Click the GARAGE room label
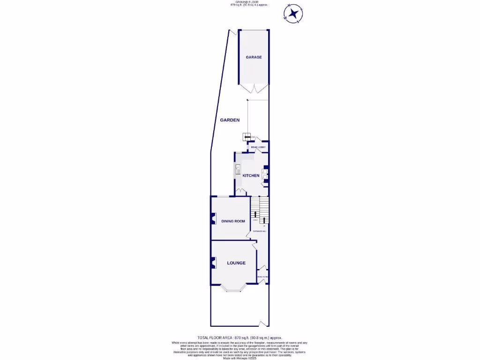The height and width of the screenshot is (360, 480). click(x=254, y=57)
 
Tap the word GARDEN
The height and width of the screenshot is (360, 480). click(x=230, y=120)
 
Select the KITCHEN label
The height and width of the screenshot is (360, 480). click(x=251, y=175)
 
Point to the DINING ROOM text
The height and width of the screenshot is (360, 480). click(x=233, y=221)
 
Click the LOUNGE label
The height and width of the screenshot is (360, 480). click(x=236, y=263)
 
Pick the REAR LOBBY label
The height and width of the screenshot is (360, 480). click(x=258, y=147)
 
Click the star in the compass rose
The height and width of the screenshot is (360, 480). click(x=293, y=14)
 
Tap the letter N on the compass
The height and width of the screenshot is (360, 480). click(x=290, y=6)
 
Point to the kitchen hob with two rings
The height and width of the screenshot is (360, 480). click(x=264, y=175)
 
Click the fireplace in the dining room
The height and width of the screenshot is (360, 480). click(x=213, y=220)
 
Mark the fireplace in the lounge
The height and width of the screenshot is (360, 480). click(x=213, y=263)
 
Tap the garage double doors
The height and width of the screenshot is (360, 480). click(x=254, y=88)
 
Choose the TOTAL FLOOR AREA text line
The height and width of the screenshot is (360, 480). click(x=240, y=337)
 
